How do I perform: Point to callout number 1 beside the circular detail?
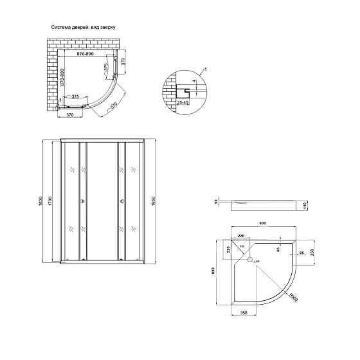pos(204,69)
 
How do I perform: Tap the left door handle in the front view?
pos(82,202)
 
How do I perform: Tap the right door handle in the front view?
pos(121,202)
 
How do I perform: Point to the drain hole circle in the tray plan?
pos(252,261)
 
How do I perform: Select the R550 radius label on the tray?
pos(292,297)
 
